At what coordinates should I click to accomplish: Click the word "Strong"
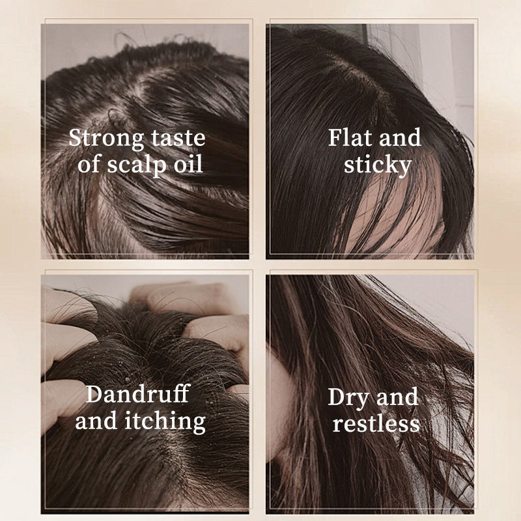point(106,138)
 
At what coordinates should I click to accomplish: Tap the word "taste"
point(178,137)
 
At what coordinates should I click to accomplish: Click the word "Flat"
point(350,137)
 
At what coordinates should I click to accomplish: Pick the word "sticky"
point(378,165)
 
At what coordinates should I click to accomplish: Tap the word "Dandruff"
point(137,394)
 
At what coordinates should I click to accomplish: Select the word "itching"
point(165,422)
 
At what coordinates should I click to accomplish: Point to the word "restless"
point(376,424)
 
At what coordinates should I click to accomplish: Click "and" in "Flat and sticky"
point(400,137)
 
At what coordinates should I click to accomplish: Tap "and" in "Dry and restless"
point(397,397)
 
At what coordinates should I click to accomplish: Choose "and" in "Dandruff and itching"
point(96,420)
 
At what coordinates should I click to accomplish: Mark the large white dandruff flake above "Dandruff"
point(126,379)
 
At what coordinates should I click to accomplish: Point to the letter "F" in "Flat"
point(335,137)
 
